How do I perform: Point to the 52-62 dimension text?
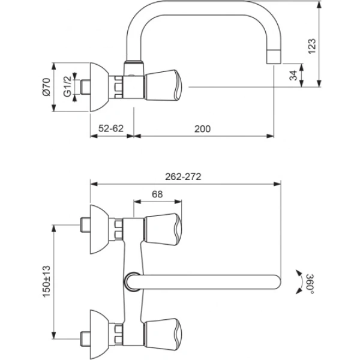pyautogui.click(x=112, y=128)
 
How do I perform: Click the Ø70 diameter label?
pyautogui.click(x=46, y=88)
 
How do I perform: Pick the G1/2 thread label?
pyautogui.click(x=68, y=85)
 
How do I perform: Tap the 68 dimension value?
pyautogui.click(x=157, y=194)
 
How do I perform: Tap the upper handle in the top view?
pyautogui.click(x=162, y=225)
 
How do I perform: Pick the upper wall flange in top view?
pyautogui.click(x=98, y=226)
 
